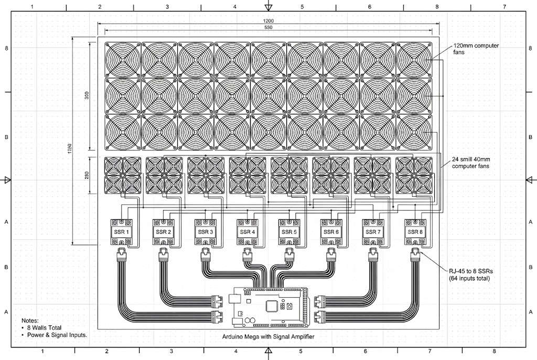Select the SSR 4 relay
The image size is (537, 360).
pyautogui.click(x=246, y=231)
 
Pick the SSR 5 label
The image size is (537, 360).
pyautogui.click(x=288, y=231)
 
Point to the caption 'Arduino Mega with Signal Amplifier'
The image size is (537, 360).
pyautogui.click(x=268, y=339)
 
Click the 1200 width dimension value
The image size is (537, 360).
pyautogui.click(x=268, y=21)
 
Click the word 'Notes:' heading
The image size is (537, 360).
pyautogui.click(x=30, y=320)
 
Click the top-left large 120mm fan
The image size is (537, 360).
pyautogui.click(x=122, y=59)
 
